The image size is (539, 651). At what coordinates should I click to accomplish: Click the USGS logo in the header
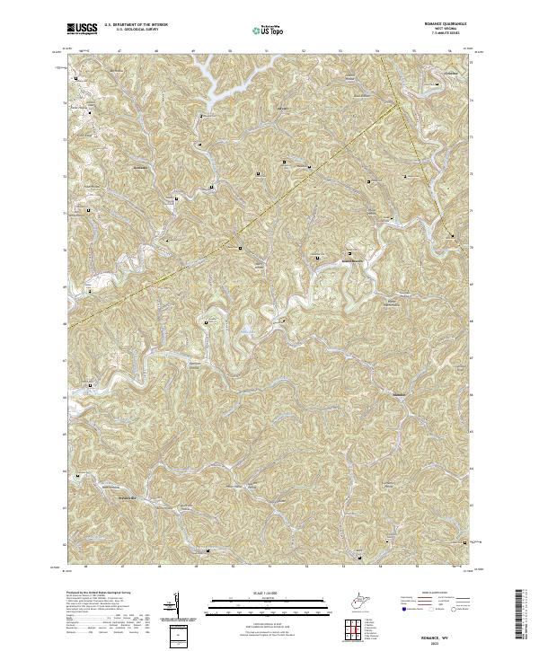[82, 29]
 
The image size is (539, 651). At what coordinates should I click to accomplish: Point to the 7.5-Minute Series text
[440, 35]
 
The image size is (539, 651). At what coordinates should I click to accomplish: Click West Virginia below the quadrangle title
[440, 31]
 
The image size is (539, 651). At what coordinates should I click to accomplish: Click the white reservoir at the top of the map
[216, 77]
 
